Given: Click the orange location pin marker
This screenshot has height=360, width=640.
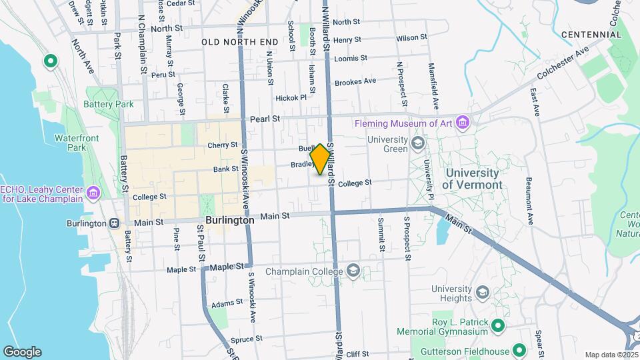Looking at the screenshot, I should pyautogui.click(x=320, y=159).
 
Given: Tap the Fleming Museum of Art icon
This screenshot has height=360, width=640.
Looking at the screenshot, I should pyautogui.click(x=463, y=123).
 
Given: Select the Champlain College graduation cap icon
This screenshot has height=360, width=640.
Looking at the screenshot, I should pyautogui.click(x=353, y=271).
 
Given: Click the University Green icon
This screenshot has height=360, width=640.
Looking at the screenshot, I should pyautogui.click(x=417, y=143).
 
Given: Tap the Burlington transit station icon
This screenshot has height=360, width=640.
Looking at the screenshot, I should pyautogui.click(x=115, y=223).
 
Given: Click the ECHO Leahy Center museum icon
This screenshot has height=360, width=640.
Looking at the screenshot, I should pyautogui.click(x=93, y=193).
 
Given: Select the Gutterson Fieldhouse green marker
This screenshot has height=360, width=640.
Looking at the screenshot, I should pyautogui.click(x=519, y=351).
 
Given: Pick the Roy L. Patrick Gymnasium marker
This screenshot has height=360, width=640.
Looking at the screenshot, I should pyautogui.click(x=497, y=326).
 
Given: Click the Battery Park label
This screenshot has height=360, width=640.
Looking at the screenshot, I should pyautogui.click(x=109, y=104).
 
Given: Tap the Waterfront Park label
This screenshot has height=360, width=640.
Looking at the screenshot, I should pyautogui.click(x=72, y=142).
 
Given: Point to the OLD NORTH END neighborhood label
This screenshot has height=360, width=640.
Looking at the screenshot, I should pyautogui.click(x=240, y=42).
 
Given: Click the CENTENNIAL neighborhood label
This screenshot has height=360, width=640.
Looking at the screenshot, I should pyautogui.click(x=591, y=35).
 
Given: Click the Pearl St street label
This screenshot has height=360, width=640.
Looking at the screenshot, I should pyautogui.click(x=264, y=119).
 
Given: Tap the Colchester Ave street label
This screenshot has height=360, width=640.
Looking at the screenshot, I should pyautogui.click(x=565, y=62).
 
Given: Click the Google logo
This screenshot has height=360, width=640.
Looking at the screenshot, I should pyautogui.click(x=22, y=352).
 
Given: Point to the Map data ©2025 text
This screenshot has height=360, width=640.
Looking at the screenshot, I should pyautogui.click(x=611, y=355).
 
